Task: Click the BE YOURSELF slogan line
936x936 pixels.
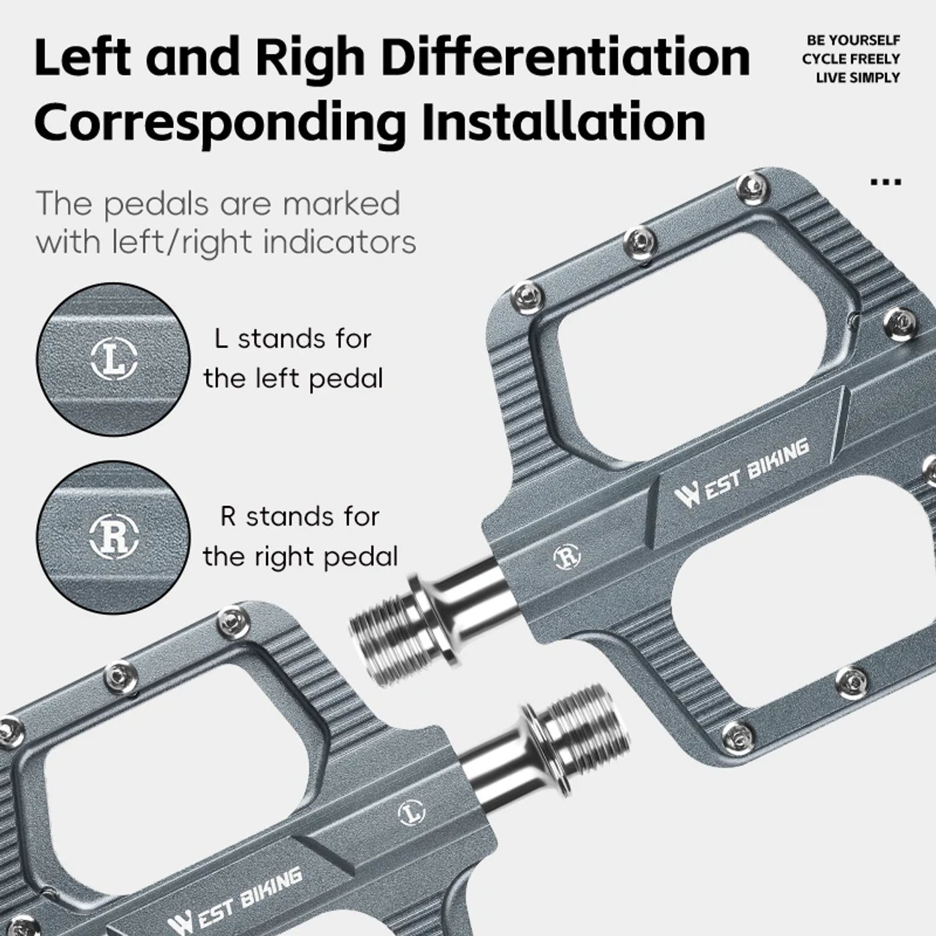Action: [x=853, y=40]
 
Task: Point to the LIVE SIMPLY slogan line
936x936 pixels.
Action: [x=858, y=78]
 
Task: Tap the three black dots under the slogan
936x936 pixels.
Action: [x=886, y=182]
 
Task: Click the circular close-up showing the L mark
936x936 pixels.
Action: [x=113, y=359]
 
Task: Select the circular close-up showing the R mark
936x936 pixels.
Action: [x=113, y=538]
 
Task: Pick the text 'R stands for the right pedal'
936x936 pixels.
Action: [x=300, y=536]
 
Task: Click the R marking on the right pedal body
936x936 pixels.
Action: [x=568, y=558]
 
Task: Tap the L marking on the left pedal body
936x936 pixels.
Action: [x=411, y=812]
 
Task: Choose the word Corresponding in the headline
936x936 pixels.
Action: [x=219, y=124]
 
